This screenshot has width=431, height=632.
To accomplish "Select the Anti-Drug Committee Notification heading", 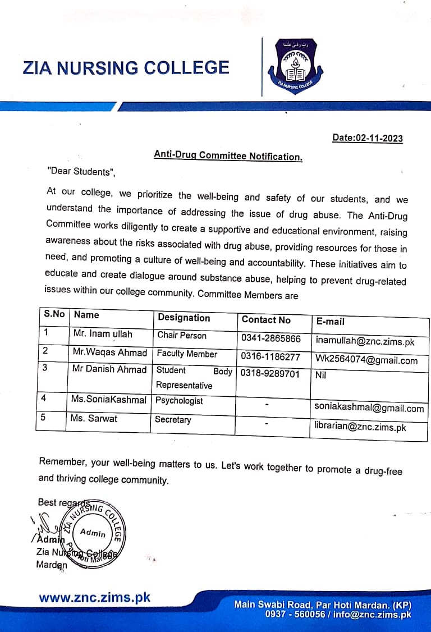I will coord(228,156).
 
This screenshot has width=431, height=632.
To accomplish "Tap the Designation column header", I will coord(184,318).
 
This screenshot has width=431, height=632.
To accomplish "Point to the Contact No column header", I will coord(266,320).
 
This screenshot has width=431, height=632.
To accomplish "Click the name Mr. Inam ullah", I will coord(103,334).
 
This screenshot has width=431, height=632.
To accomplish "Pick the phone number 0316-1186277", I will coord(270,356).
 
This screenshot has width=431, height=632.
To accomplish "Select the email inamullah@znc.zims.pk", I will coord(365,341).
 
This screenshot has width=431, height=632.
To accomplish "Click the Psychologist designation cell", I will coord(179,401).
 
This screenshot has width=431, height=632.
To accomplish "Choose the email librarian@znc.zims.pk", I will coord(360,427).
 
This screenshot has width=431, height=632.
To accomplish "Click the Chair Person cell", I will coord(181,336).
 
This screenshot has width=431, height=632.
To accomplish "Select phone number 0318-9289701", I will coord(270,373).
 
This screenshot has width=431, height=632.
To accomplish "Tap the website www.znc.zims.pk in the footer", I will coord(94,597).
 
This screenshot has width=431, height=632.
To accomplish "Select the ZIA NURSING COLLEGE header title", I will coord(126,68).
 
